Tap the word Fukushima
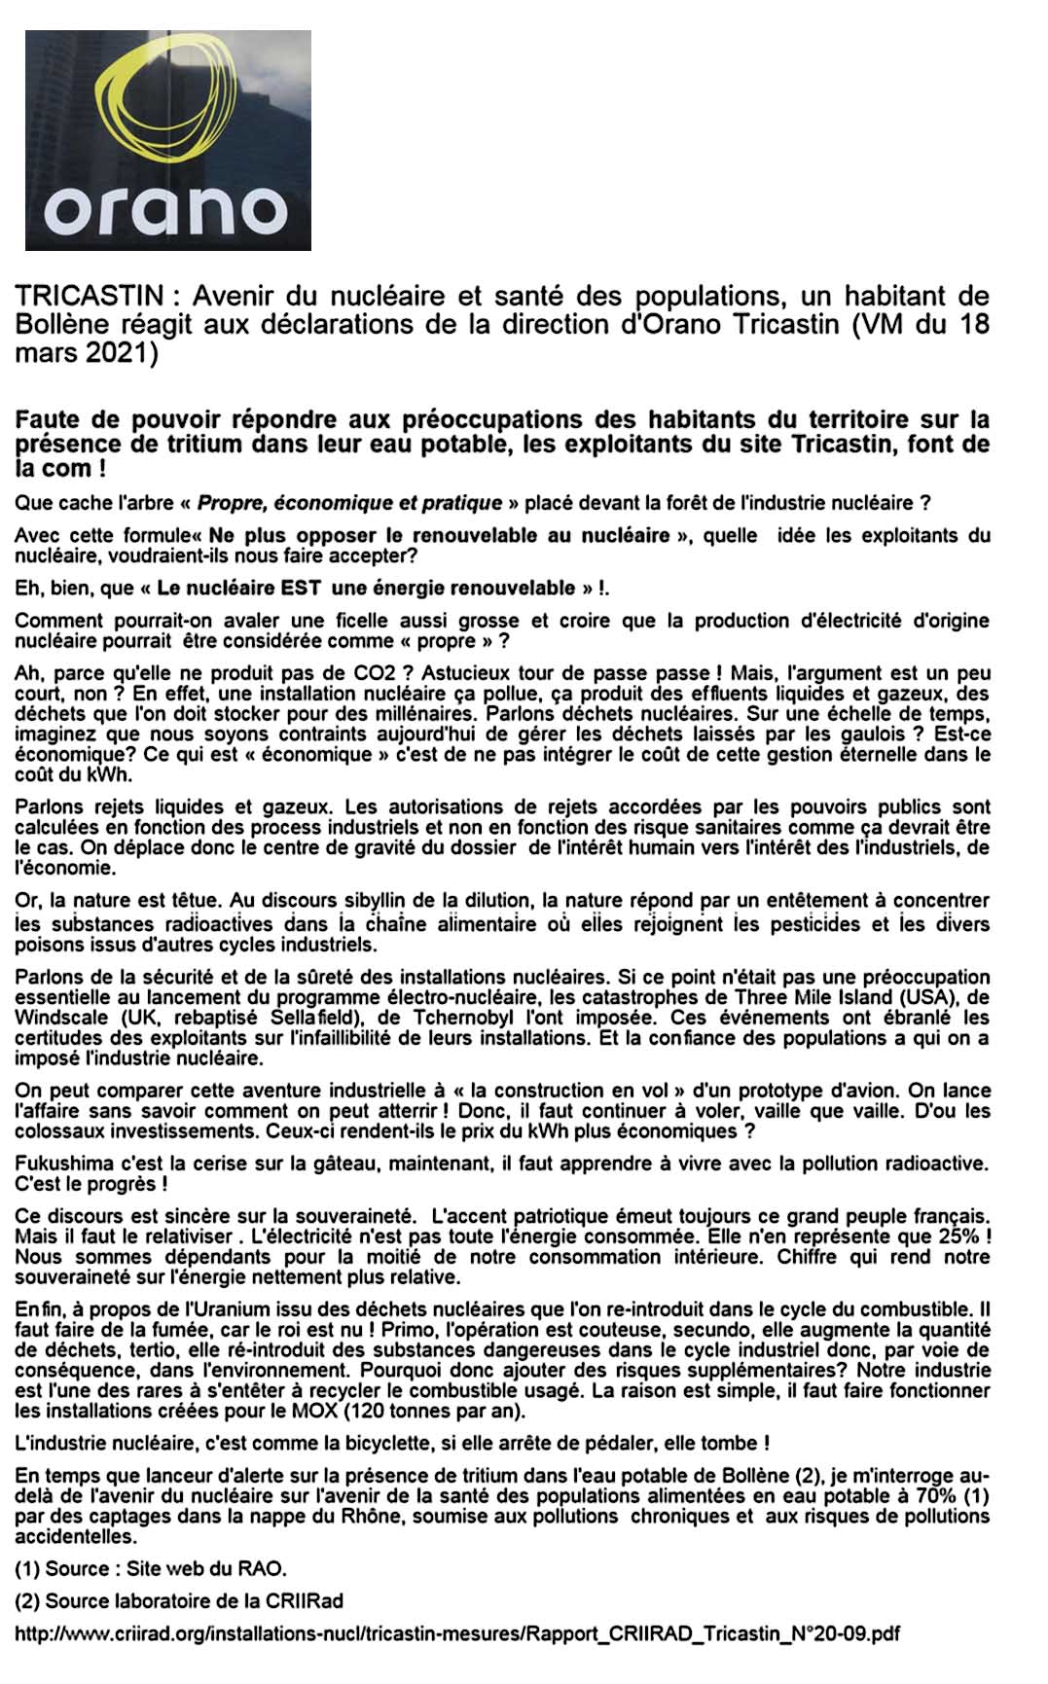[58, 1164]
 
